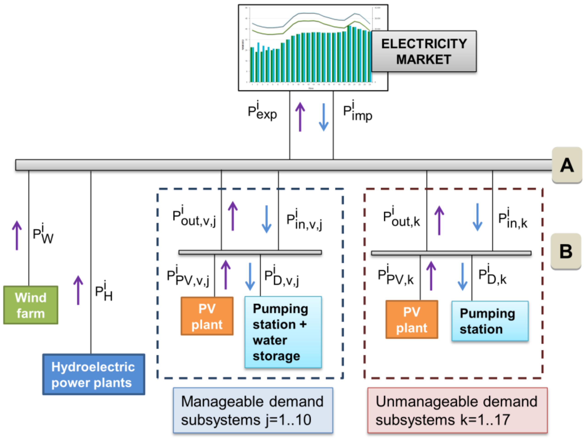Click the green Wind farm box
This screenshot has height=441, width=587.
[x=30, y=305]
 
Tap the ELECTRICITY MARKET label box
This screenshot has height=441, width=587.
[x=424, y=51]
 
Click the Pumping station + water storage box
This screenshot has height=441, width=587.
[x=283, y=332]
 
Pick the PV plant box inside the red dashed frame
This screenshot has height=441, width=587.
[x=412, y=320]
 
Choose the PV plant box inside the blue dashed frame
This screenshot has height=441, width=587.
[x=207, y=316]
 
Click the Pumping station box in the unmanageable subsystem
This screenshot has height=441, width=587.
[x=490, y=321]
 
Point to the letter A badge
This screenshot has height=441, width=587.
[x=567, y=165]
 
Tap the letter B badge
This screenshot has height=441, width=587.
[x=566, y=251]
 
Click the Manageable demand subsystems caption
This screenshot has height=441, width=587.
[x=253, y=410]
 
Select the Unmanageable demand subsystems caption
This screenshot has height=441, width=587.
[x=457, y=410]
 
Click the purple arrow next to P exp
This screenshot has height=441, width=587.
[x=300, y=117]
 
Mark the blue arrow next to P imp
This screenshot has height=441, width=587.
[x=324, y=117]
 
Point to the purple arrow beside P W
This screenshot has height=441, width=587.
[x=17, y=235]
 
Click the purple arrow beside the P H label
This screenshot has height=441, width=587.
[x=78, y=290]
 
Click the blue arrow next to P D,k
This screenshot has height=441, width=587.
[x=462, y=276]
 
